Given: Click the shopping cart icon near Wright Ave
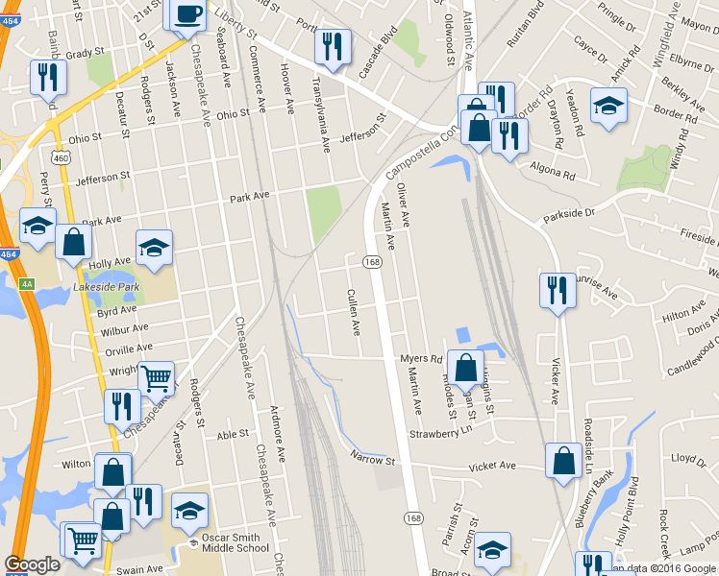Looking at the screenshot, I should coord(155,377).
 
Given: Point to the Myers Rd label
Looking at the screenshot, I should coord(420,359).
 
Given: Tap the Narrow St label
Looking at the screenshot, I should coord(373,461).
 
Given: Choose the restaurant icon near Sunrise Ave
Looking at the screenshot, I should coord(557,291).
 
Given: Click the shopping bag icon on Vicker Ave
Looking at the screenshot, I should coord(562,461).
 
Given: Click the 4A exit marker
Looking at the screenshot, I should coord(27,284).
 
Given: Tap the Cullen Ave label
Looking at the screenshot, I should coord(353,312).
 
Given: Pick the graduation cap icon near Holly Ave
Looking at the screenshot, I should coord(154,247).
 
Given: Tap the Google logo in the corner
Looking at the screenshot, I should coord(32,564).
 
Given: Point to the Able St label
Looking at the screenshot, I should coord(233,434).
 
